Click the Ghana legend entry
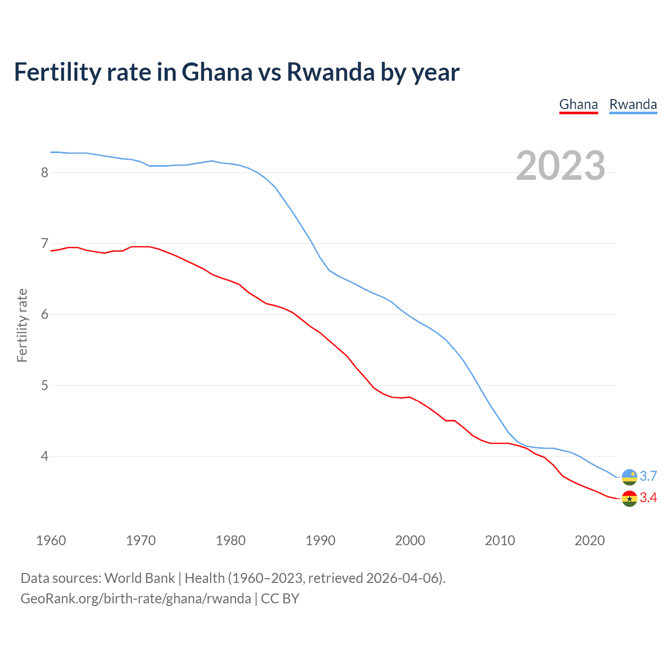pyautogui.click(x=578, y=104)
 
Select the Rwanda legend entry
pyautogui.click(x=633, y=104)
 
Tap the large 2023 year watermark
pyautogui.click(x=560, y=166)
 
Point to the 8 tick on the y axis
pyautogui.click(x=45, y=172)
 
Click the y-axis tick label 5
pyautogui.click(x=45, y=385)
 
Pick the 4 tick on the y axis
pyautogui.click(x=45, y=456)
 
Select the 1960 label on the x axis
pyautogui.click(x=51, y=540)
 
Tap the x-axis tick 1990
pyautogui.click(x=320, y=540)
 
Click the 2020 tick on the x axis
pyautogui.click(x=590, y=540)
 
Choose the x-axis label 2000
pyautogui.click(x=410, y=540)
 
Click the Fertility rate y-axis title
pyautogui.click(x=22, y=325)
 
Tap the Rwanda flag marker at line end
pyautogui.click(x=629, y=477)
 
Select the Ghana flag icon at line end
pyautogui.click(x=629, y=499)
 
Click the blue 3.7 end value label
pyautogui.click(x=648, y=476)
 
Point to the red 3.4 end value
pyautogui.click(x=648, y=498)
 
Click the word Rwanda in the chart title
pyautogui.click(x=330, y=72)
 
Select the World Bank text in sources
pyautogui.click(x=139, y=578)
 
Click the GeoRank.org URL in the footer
pyautogui.click(x=135, y=599)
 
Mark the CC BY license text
pyautogui.click(x=280, y=599)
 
